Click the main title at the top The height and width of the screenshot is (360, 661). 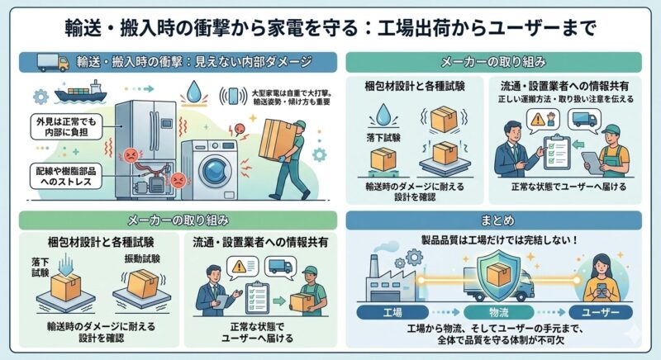330,26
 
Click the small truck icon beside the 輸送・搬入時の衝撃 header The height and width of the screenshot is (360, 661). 52,61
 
